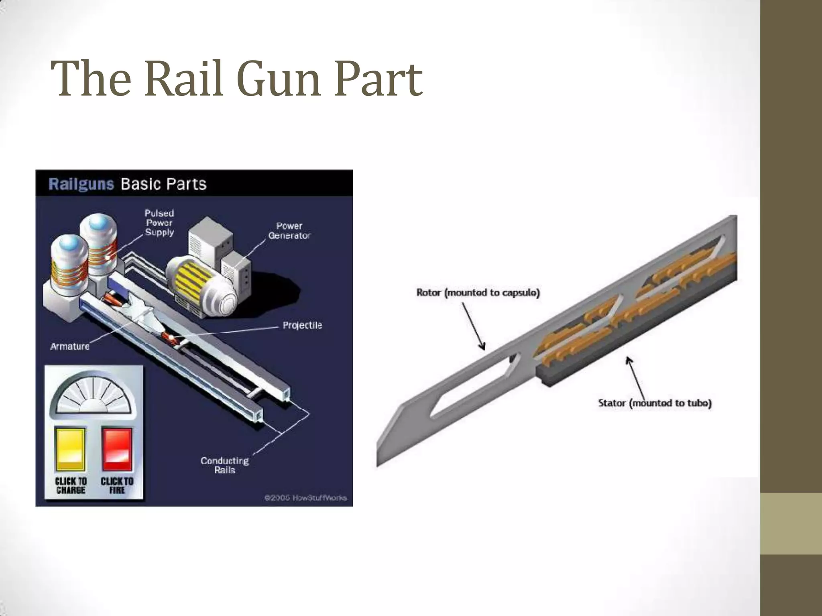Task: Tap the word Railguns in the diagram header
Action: pos(81,184)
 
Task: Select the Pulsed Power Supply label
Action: pos(159,223)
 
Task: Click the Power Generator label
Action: pos(289,231)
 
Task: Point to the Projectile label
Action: pos(302,325)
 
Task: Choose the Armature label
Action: pos(70,346)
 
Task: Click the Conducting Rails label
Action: pos(225,465)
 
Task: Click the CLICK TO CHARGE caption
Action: pos(71,486)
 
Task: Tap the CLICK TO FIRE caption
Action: pos(117,486)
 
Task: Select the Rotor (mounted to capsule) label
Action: pos(478,292)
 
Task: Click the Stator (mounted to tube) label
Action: pos(655,403)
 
